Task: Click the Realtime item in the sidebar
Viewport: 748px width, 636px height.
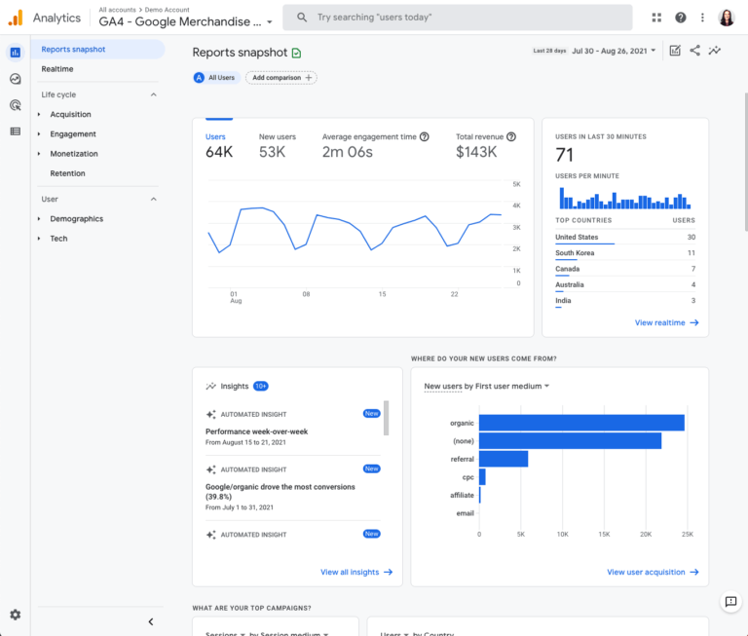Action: [x=57, y=69]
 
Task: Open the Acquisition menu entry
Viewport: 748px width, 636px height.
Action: [x=70, y=114]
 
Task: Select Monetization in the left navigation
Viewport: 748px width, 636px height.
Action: [x=74, y=154]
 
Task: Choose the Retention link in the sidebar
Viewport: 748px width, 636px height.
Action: [x=67, y=173]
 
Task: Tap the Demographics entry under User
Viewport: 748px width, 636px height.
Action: [x=76, y=219]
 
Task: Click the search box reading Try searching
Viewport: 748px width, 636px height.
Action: [x=458, y=18]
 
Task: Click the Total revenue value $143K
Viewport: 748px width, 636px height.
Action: [x=476, y=152]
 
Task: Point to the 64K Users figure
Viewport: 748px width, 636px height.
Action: [x=219, y=152]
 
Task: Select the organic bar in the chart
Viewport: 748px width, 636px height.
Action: [x=581, y=423]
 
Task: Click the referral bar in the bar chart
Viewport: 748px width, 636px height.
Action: [x=504, y=459]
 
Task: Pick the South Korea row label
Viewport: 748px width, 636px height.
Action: [x=575, y=253]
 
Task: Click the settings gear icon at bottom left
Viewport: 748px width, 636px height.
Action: [x=15, y=615]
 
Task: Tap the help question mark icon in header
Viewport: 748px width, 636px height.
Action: [x=680, y=18]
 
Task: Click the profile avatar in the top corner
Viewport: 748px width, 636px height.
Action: [x=727, y=18]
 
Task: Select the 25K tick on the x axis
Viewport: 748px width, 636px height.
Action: [x=687, y=534]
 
